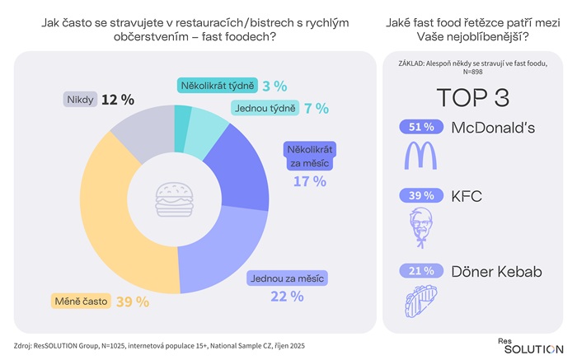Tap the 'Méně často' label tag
(81, 302)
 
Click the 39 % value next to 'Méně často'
(132, 302)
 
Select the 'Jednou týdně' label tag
(259, 108)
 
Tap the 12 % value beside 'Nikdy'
(118, 100)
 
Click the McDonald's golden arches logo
(420, 156)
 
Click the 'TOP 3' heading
(471, 97)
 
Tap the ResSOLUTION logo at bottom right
(530, 345)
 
